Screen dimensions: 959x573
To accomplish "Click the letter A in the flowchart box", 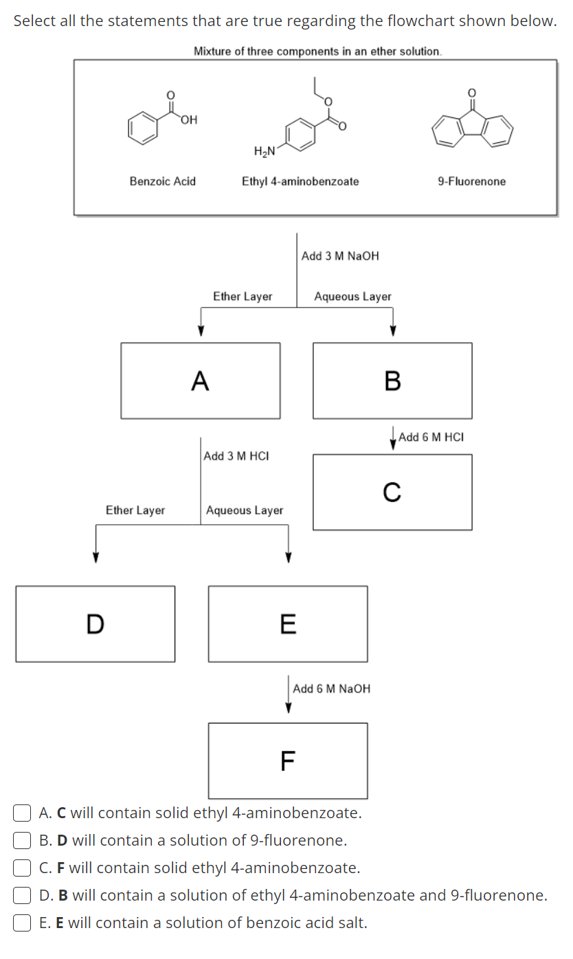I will click(x=200, y=380).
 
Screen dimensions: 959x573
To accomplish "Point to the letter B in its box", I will click(x=392, y=380).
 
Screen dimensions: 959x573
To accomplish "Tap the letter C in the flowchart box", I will click(x=392, y=492).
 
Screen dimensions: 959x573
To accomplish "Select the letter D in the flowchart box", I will click(x=95, y=624).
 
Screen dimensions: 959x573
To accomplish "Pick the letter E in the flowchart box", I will click(x=288, y=624).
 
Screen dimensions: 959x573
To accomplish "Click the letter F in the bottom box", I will click(x=288, y=760).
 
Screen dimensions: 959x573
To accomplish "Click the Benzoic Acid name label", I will click(x=163, y=181).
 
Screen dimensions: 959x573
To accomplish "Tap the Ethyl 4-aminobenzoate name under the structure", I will click(x=300, y=181).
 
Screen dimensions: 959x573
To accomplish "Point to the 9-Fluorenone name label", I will click(x=471, y=181).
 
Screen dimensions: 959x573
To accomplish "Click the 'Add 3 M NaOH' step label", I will click(x=340, y=256).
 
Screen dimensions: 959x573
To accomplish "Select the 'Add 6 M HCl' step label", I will click(x=431, y=437).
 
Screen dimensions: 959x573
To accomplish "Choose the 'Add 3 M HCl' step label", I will click(x=236, y=456).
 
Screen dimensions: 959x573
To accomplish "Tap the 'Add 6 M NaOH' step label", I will click(x=331, y=688).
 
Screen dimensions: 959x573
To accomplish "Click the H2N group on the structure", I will click(x=265, y=150).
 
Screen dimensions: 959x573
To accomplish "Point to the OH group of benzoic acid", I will click(x=189, y=121).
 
